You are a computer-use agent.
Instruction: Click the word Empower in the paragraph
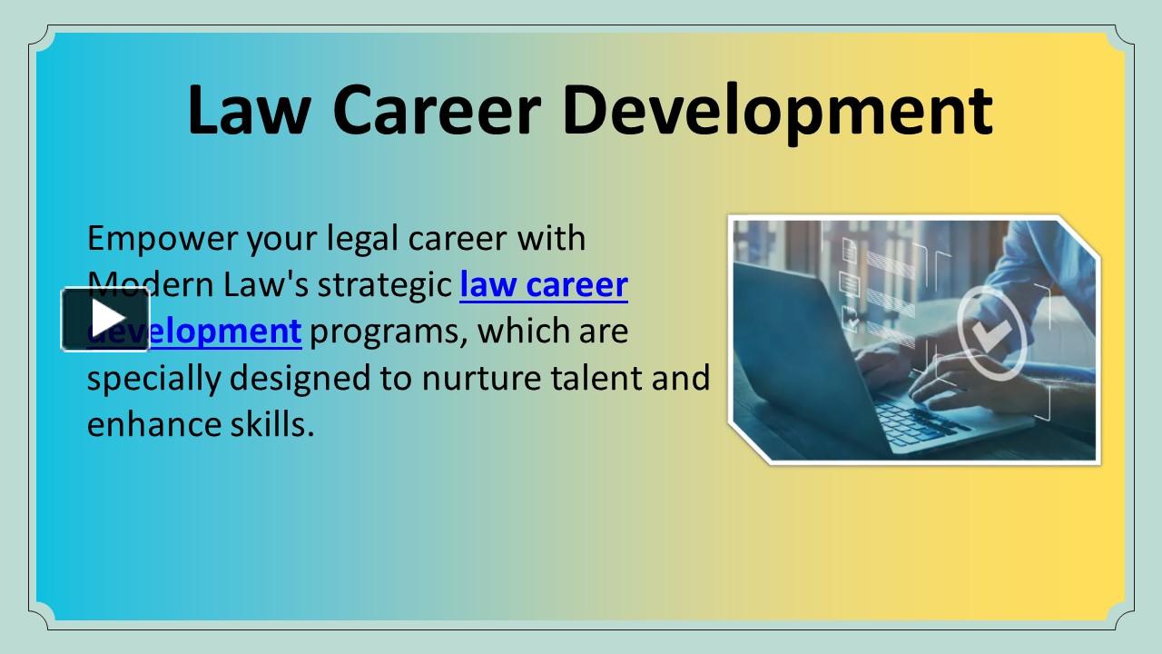[161, 239]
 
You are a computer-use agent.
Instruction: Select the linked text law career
[544, 285]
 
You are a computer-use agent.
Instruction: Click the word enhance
[146, 424]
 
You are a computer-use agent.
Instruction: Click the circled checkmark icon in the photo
[992, 331]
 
